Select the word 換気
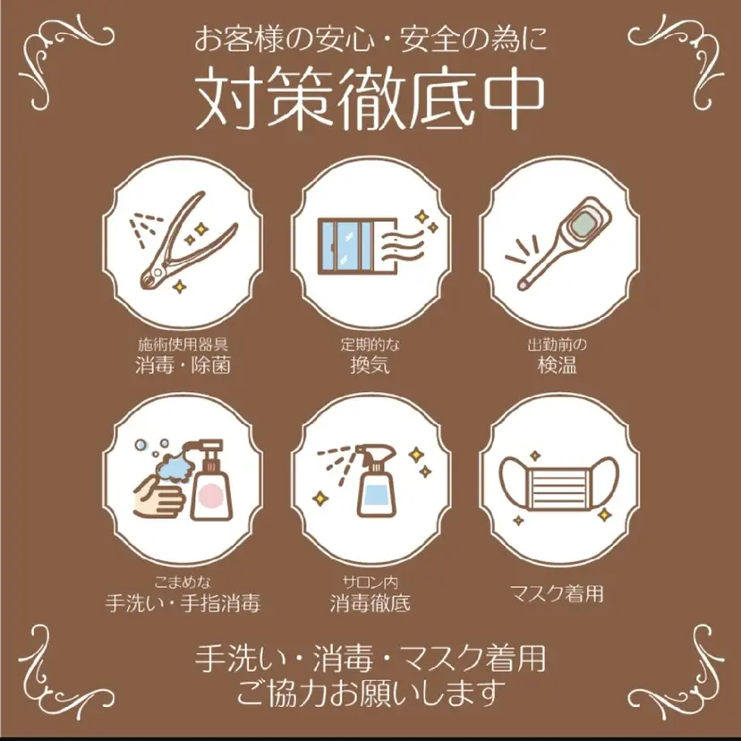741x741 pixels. (x=370, y=365)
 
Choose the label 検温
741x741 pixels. (x=557, y=365)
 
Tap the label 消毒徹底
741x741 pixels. (x=370, y=602)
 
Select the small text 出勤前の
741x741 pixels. (x=557, y=345)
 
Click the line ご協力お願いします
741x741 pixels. (x=370, y=691)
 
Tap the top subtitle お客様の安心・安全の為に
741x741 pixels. (x=370, y=40)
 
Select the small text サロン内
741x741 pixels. (x=370, y=582)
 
